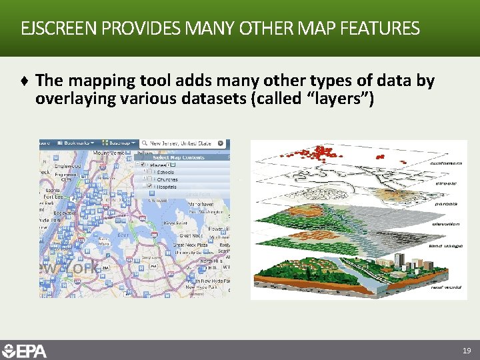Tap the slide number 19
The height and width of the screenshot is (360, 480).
467,350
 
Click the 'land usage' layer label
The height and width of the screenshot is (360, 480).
445,245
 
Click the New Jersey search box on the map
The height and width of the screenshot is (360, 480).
184,143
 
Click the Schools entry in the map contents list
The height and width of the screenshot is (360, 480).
166,172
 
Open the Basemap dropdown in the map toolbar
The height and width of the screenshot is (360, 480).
121,143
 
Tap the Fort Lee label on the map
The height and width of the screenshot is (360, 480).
52,196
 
